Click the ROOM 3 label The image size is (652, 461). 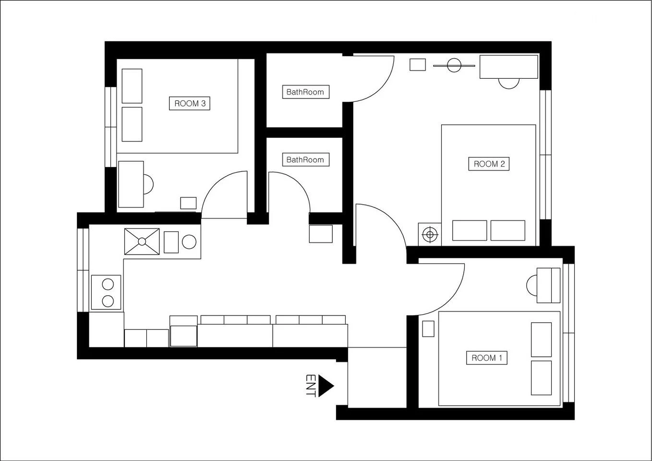pos(190,103)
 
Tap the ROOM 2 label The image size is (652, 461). pos(489,164)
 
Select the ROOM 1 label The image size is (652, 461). pos(487,358)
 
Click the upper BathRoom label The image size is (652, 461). pos(306,92)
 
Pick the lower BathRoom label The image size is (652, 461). pos(306,159)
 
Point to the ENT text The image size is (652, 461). pos(311,386)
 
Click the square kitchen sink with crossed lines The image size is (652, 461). pos(142,242)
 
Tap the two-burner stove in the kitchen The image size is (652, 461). pos(106,292)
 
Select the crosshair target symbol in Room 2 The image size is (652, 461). pos(430,234)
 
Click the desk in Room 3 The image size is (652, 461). pos(131,184)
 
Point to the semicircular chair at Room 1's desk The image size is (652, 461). pos(532,286)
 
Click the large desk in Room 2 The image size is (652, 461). pos(509,67)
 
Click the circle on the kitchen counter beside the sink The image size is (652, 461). pos(189,242)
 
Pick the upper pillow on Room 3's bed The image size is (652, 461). pos(132,86)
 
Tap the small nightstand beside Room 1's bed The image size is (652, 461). pos(428,329)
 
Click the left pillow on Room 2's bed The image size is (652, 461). pos(470,230)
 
